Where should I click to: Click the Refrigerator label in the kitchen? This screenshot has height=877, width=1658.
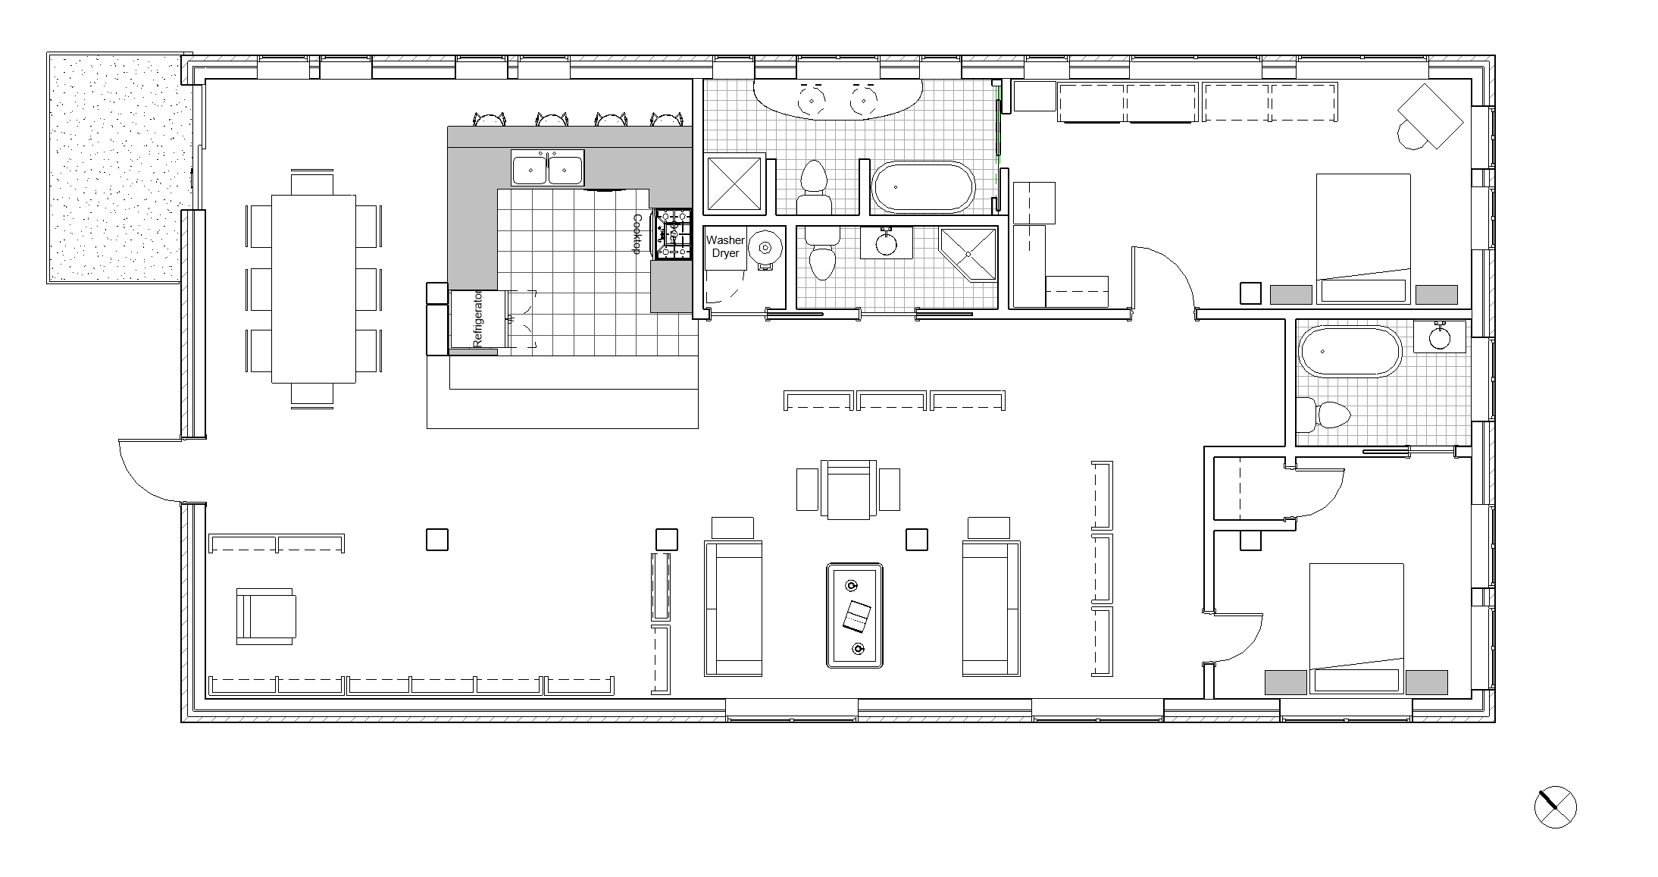pyautogui.click(x=477, y=319)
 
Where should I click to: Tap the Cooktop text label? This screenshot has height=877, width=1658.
pyautogui.click(x=637, y=234)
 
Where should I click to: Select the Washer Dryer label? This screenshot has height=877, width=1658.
pyautogui.click(x=725, y=246)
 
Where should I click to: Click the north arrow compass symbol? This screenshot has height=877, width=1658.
pyautogui.click(x=1555, y=807)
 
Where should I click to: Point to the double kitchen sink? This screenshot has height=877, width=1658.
pyautogui.click(x=548, y=168)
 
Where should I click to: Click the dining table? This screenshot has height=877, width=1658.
pyautogui.click(x=314, y=289)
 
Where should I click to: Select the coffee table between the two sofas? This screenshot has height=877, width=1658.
pyautogui.click(x=855, y=615)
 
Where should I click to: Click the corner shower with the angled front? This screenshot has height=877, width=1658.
pyautogui.click(x=968, y=254)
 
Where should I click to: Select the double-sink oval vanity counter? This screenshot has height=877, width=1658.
pyautogui.click(x=838, y=99)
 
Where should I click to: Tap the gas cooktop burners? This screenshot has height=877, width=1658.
pyautogui.click(x=674, y=235)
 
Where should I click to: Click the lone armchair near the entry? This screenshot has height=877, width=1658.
pyautogui.click(x=266, y=616)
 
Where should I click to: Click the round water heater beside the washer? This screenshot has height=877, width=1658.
pyautogui.click(x=766, y=248)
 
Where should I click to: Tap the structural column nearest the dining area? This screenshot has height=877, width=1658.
pyautogui.click(x=437, y=539)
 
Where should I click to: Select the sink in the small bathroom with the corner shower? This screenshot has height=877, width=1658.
pyautogui.click(x=885, y=243)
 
